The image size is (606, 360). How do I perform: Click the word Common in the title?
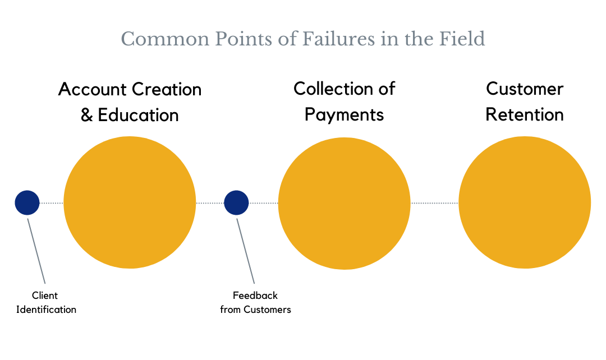165,39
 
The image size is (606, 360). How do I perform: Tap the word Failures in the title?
338,39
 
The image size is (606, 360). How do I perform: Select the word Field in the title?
462,39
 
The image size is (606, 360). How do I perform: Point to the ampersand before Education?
86,115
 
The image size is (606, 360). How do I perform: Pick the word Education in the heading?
138,115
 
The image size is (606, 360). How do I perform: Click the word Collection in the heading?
334,89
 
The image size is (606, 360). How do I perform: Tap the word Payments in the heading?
344,115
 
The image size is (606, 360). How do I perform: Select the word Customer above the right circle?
525,89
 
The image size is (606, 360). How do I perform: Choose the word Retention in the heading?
525,115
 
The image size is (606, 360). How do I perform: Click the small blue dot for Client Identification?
27,202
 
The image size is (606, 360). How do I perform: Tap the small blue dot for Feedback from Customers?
236,202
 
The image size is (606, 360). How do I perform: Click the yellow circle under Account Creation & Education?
130,202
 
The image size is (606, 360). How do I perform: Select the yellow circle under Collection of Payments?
344,203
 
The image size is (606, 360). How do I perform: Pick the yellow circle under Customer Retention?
525,202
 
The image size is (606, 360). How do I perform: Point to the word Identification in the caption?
46,310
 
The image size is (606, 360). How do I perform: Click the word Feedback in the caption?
255,296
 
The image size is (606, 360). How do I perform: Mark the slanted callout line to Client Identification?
36,251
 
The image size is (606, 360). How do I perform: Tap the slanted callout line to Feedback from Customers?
245,251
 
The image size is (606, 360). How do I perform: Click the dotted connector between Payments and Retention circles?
434,203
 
